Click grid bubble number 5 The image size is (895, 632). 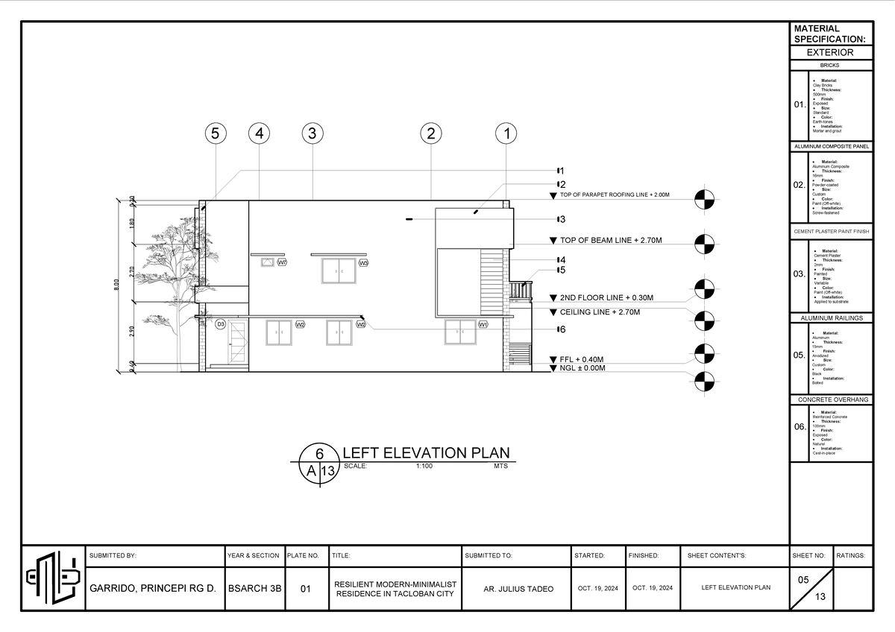coord(215,134)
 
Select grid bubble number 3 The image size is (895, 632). coord(313,134)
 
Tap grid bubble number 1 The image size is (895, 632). coord(506,134)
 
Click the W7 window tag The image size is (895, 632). coord(282,263)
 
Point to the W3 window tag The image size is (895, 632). coord(363,263)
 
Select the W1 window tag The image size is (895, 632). coord(483,325)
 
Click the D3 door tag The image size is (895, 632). coord(221,325)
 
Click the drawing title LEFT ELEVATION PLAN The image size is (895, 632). coord(425,453)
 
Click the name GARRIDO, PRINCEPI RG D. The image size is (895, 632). coord(153,589)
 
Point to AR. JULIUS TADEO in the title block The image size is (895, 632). coord(518,589)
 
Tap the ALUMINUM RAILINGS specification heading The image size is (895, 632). coord(831,317)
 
